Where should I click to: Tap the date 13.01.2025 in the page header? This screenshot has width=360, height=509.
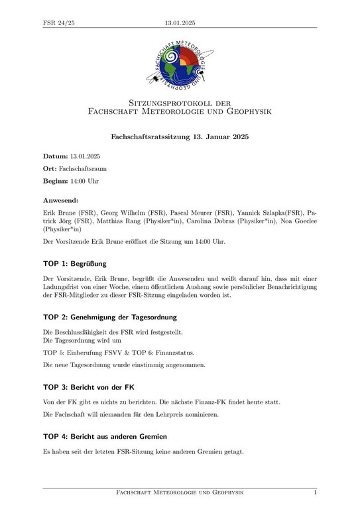[180, 23]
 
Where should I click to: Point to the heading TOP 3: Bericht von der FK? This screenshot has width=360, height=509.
[91, 386]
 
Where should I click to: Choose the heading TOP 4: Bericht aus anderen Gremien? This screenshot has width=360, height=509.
[105, 436]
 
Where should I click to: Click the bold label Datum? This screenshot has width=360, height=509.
[56, 156]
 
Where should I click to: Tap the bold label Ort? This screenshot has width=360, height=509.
[50, 169]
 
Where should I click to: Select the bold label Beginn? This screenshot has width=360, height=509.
[57, 182]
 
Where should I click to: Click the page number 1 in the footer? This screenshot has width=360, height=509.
[315, 493]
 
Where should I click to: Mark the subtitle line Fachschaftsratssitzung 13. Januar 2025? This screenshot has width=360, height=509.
[180, 137]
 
